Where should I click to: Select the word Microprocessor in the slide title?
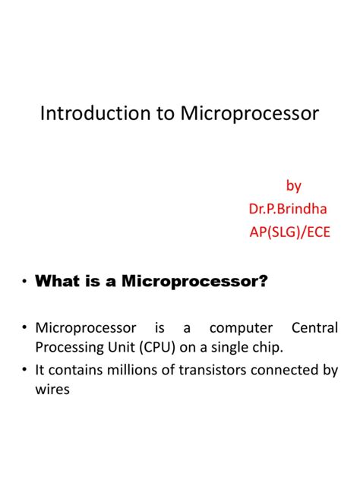pos(250,115)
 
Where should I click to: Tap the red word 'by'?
pos(293,185)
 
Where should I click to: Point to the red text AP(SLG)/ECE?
pos(290,232)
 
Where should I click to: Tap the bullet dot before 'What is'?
pos(24,283)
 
